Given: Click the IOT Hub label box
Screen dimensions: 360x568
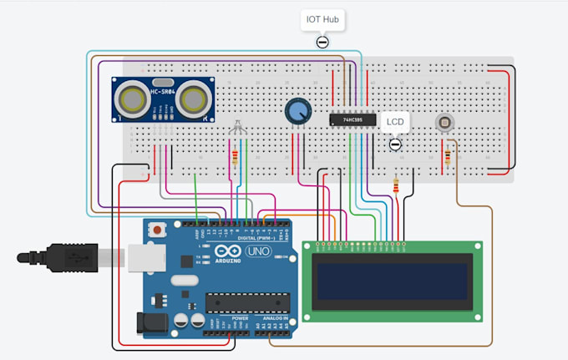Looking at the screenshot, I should click(x=322, y=19).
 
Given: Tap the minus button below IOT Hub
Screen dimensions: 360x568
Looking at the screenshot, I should click(x=322, y=43).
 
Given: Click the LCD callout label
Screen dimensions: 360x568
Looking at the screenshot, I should click(x=396, y=122).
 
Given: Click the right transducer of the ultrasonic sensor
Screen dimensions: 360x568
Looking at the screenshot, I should click(x=194, y=100).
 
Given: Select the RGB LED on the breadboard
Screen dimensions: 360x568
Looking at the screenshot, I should click(x=237, y=129).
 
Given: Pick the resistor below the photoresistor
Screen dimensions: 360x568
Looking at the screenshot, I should click(x=450, y=156).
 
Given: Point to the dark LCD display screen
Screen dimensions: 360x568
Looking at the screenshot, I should click(x=393, y=280).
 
